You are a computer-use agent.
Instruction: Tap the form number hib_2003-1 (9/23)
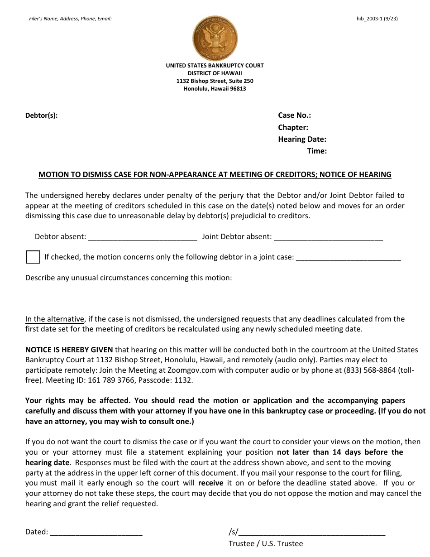coord(377,19)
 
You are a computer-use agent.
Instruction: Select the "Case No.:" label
coord(294,115)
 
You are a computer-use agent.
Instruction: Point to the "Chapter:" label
coord(293,128)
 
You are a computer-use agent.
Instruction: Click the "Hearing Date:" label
coord(302,139)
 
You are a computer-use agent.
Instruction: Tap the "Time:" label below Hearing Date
coord(317,151)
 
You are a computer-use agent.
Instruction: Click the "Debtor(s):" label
coord(41,115)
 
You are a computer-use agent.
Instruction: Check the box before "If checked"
coord(33,257)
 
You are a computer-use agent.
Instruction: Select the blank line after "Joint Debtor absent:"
coord(328,237)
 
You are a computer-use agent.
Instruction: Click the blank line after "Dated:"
coord(96,533)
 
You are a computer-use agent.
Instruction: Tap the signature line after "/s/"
coord(312,533)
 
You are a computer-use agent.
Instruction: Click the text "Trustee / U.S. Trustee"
coord(266,544)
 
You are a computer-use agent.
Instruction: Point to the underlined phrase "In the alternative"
coord(55,319)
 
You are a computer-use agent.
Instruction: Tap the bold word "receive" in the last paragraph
coord(210,483)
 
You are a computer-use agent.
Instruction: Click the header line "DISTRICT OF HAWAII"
coord(215,73)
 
